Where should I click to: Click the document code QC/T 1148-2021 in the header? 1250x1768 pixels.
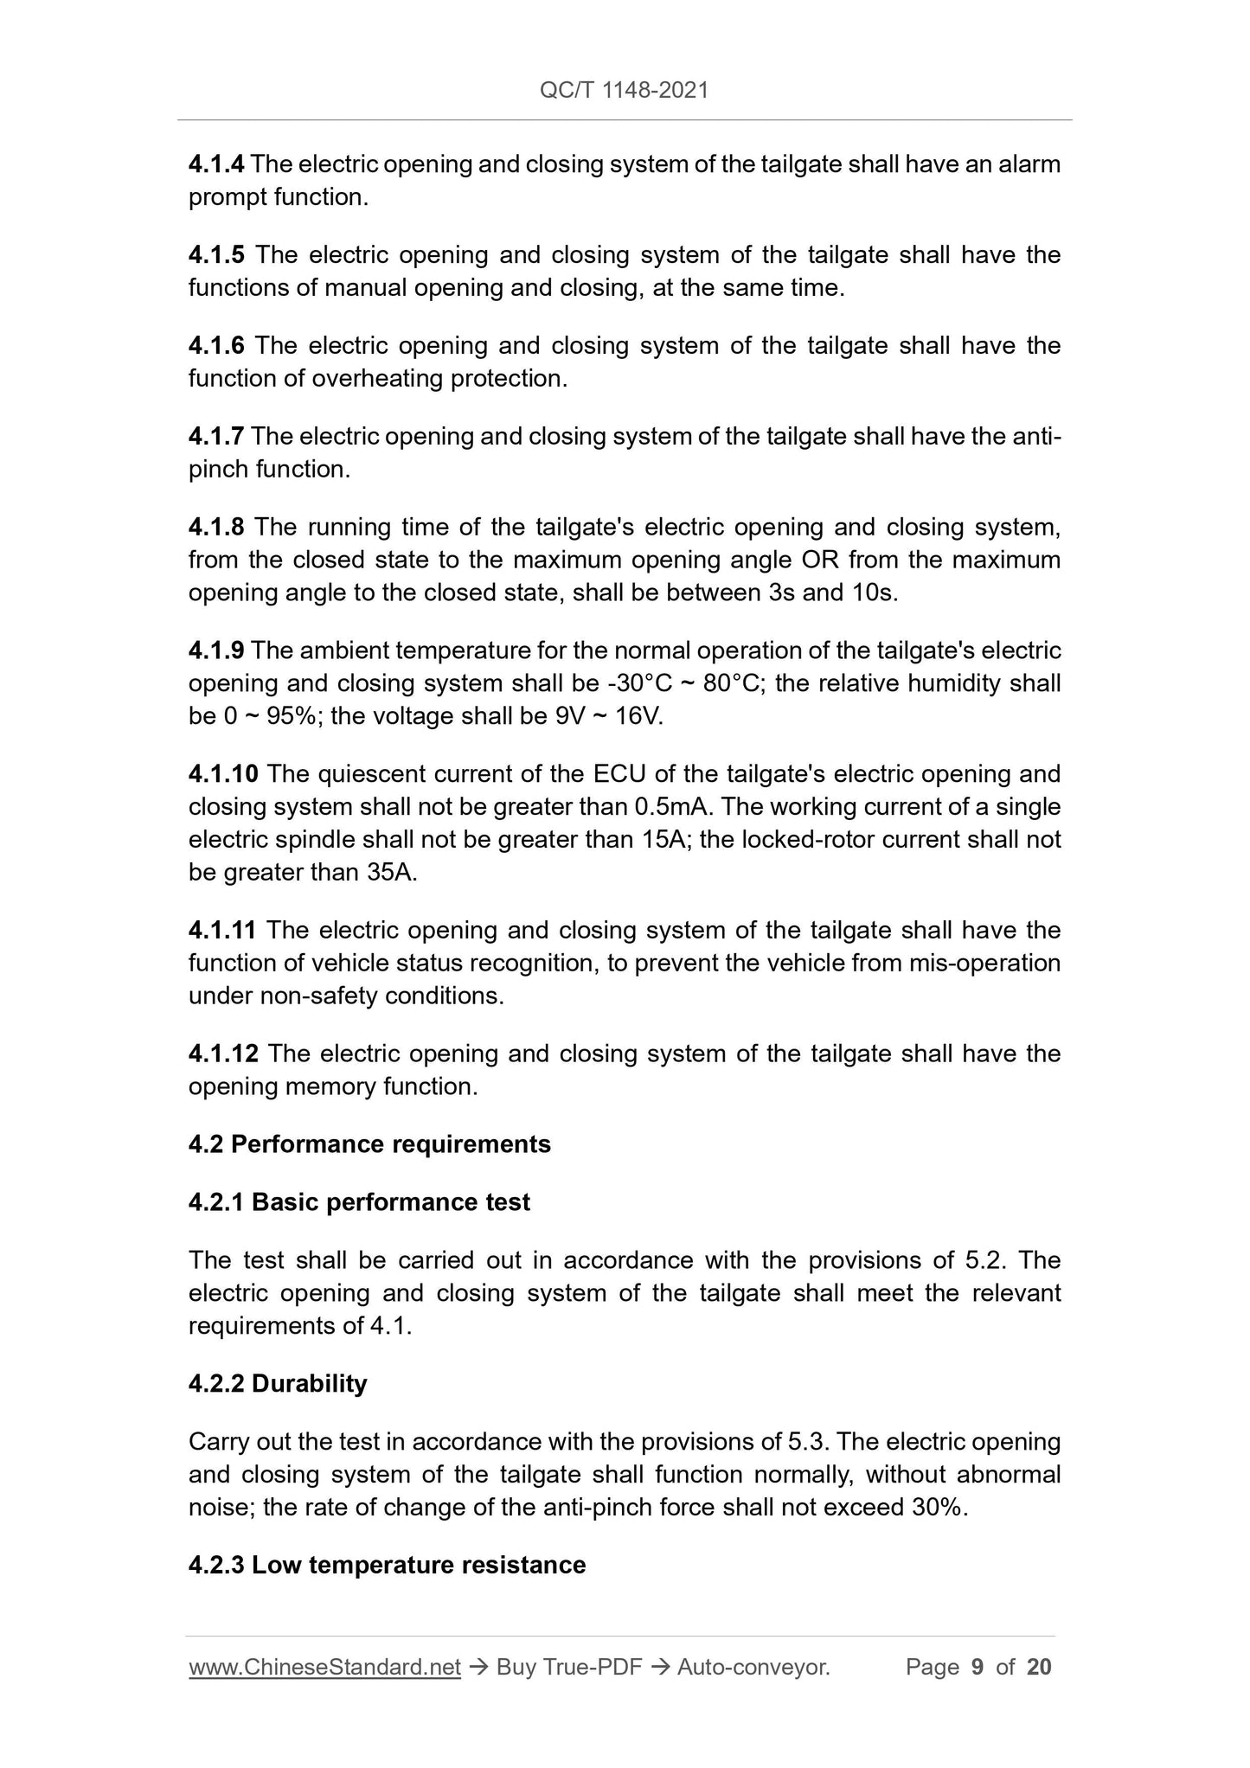[x=624, y=90]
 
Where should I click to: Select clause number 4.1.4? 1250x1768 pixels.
[x=216, y=163]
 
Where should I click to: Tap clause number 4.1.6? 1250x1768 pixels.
[x=216, y=345]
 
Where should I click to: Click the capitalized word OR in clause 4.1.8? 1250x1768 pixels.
[x=821, y=560]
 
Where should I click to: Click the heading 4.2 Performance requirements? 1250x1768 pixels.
[x=369, y=1143]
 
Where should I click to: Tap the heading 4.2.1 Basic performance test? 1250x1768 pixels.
[x=359, y=1201]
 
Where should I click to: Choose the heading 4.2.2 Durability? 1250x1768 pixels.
[x=278, y=1383]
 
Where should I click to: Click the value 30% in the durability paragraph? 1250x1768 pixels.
[x=937, y=1508]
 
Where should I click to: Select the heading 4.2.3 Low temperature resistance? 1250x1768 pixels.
[x=387, y=1565]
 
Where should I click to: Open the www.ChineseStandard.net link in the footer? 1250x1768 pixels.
[x=324, y=1667]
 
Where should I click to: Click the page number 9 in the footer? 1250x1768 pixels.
[x=978, y=1667]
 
